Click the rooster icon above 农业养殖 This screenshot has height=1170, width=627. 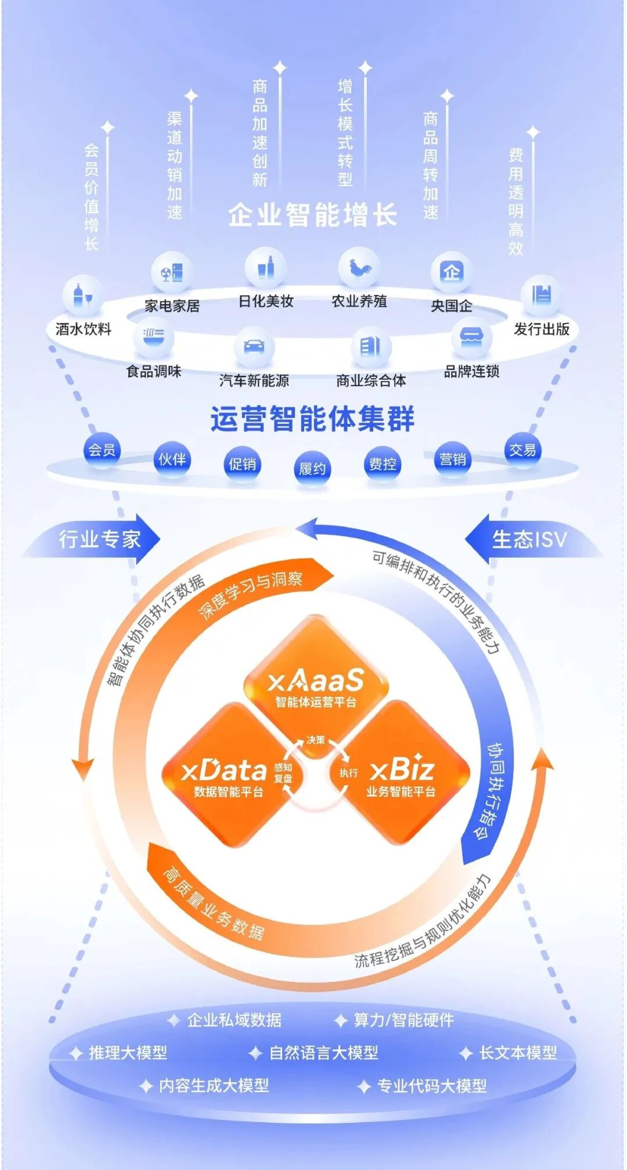(x=359, y=269)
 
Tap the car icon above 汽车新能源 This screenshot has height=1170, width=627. (x=254, y=347)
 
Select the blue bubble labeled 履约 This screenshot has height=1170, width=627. (x=312, y=468)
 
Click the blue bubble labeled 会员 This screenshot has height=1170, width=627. (x=102, y=450)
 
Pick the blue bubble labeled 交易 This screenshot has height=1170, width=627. (x=522, y=450)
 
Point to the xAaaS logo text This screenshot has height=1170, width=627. (x=316, y=681)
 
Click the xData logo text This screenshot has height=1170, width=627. (x=224, y=771)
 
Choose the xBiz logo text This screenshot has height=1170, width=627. (x=402, y=771)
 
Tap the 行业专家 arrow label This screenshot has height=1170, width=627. (x=99, y=539)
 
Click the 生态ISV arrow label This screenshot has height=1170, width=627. (x=529, y=539)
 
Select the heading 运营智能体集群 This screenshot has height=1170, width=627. (x=312, y=419)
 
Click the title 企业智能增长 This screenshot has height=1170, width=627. (x=312, y=215)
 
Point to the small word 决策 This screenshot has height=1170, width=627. (x=316, y=740)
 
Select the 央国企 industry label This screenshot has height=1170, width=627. (x=451, y=306)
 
